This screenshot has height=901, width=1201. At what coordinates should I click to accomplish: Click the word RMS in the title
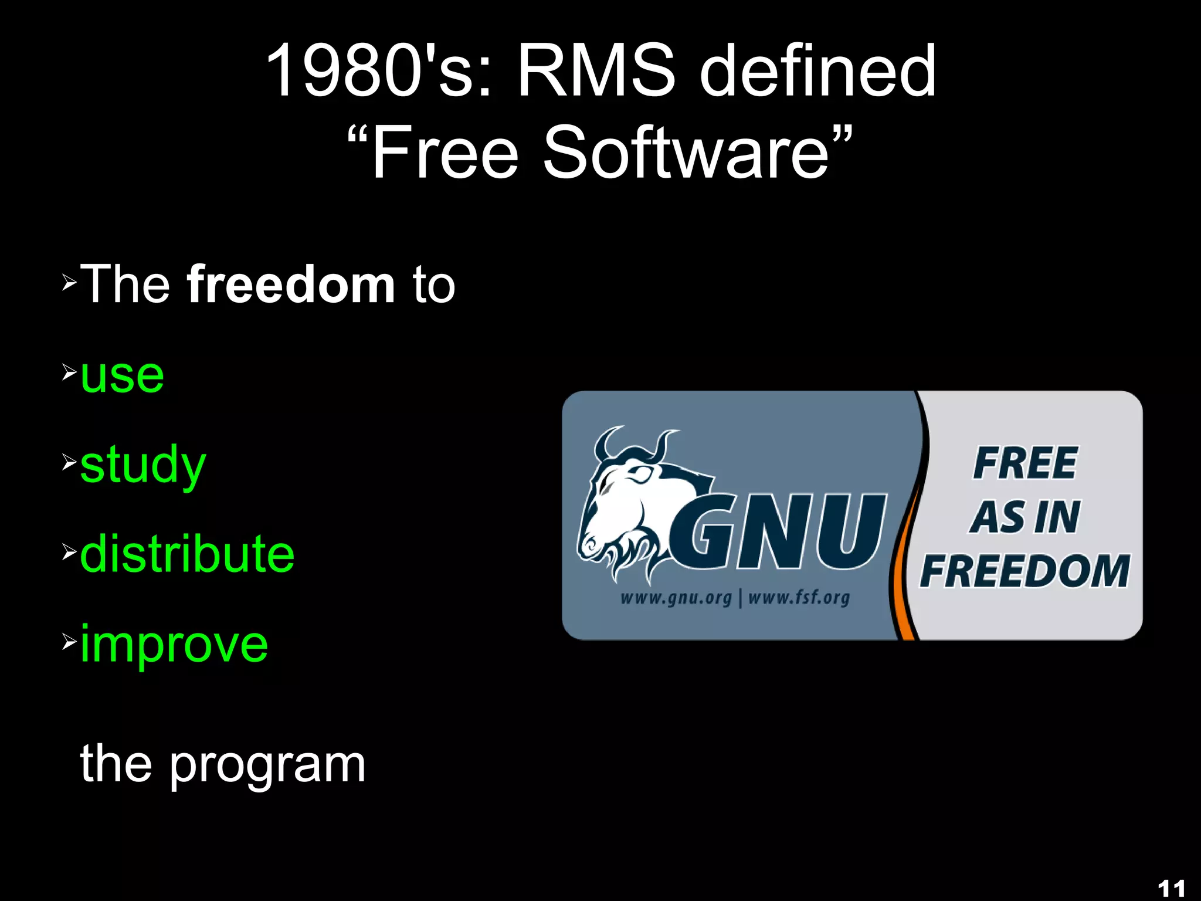(596, 72)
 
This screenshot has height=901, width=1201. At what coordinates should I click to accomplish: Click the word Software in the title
(686, 153)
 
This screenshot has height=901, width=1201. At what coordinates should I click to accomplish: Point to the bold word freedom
(291, 284)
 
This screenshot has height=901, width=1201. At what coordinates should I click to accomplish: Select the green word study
(143, 465)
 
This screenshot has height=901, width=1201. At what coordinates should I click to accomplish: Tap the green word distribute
(187, 554)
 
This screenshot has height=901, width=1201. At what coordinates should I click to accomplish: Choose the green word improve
(174, 644)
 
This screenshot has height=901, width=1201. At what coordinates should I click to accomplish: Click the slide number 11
(1171, 888)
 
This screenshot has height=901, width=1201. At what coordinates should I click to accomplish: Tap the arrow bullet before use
(69, 372)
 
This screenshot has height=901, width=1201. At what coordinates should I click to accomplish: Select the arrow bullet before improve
(69, 642)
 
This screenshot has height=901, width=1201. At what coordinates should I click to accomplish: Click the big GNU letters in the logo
(780, 532)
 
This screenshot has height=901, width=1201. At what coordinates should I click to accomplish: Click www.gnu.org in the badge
(676, 598)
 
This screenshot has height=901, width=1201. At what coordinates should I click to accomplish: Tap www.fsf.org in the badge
(799, 598)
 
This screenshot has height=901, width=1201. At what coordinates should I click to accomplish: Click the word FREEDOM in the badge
(1024, 571)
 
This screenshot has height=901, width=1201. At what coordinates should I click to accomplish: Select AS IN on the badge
(1024, 517)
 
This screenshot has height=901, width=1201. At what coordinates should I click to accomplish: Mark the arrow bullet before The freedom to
(69, 283)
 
